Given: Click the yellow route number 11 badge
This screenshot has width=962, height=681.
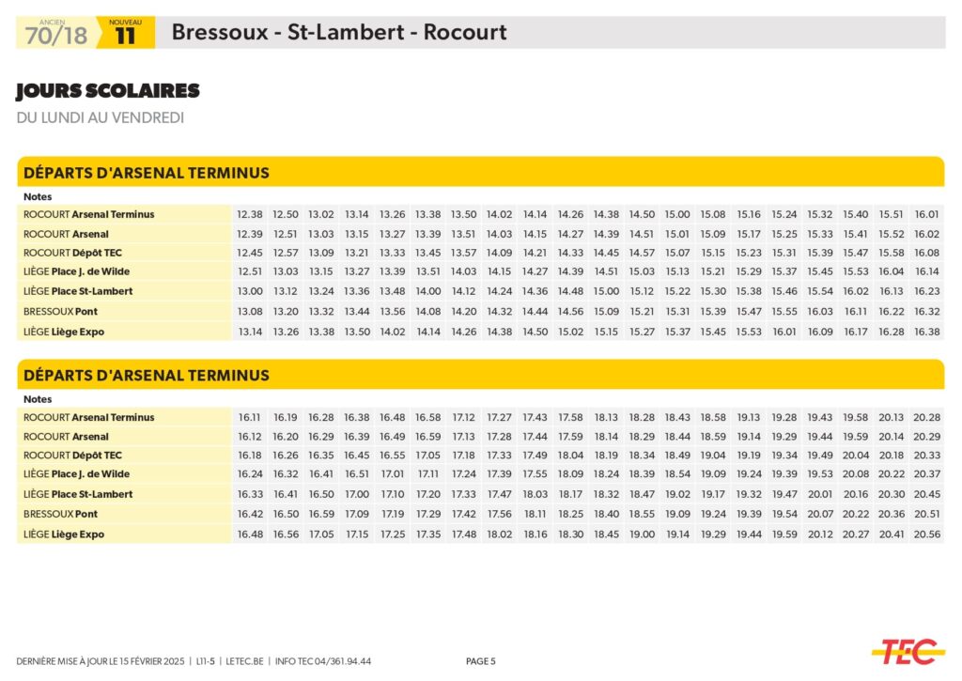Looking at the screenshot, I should point(125,36).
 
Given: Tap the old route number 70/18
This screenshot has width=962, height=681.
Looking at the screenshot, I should point(56,36).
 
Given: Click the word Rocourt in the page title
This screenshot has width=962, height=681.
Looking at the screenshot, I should point(465,33).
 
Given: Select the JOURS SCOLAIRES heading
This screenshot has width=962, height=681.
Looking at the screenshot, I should point(108,91).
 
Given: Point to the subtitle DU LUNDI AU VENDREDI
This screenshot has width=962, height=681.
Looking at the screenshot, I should point(100,118).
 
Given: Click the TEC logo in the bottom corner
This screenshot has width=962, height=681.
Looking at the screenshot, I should point(908,651).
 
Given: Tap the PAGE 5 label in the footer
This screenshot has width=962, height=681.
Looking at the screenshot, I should point(481,661).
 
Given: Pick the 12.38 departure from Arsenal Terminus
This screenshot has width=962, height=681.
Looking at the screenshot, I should point(250,214).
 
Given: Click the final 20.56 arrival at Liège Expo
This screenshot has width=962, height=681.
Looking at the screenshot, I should point(926,534).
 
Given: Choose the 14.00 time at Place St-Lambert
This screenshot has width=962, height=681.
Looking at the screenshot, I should point(428,291).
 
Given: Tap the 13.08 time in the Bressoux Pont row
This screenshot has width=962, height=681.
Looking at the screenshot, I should point(250,311).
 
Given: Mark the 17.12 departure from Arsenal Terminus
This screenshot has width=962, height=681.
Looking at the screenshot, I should point(464,417).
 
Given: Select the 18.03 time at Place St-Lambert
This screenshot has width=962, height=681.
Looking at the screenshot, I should point(535,494).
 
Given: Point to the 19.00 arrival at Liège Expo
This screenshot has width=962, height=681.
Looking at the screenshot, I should point(643,534).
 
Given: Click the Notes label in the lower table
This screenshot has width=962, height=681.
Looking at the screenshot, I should point(39,399).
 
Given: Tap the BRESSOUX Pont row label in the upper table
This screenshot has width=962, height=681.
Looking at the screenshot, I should point(60,311).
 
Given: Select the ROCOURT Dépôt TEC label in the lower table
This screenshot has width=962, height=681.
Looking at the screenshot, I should point(72,456).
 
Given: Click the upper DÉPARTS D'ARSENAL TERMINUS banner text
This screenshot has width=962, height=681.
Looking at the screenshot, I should point(147,173).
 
